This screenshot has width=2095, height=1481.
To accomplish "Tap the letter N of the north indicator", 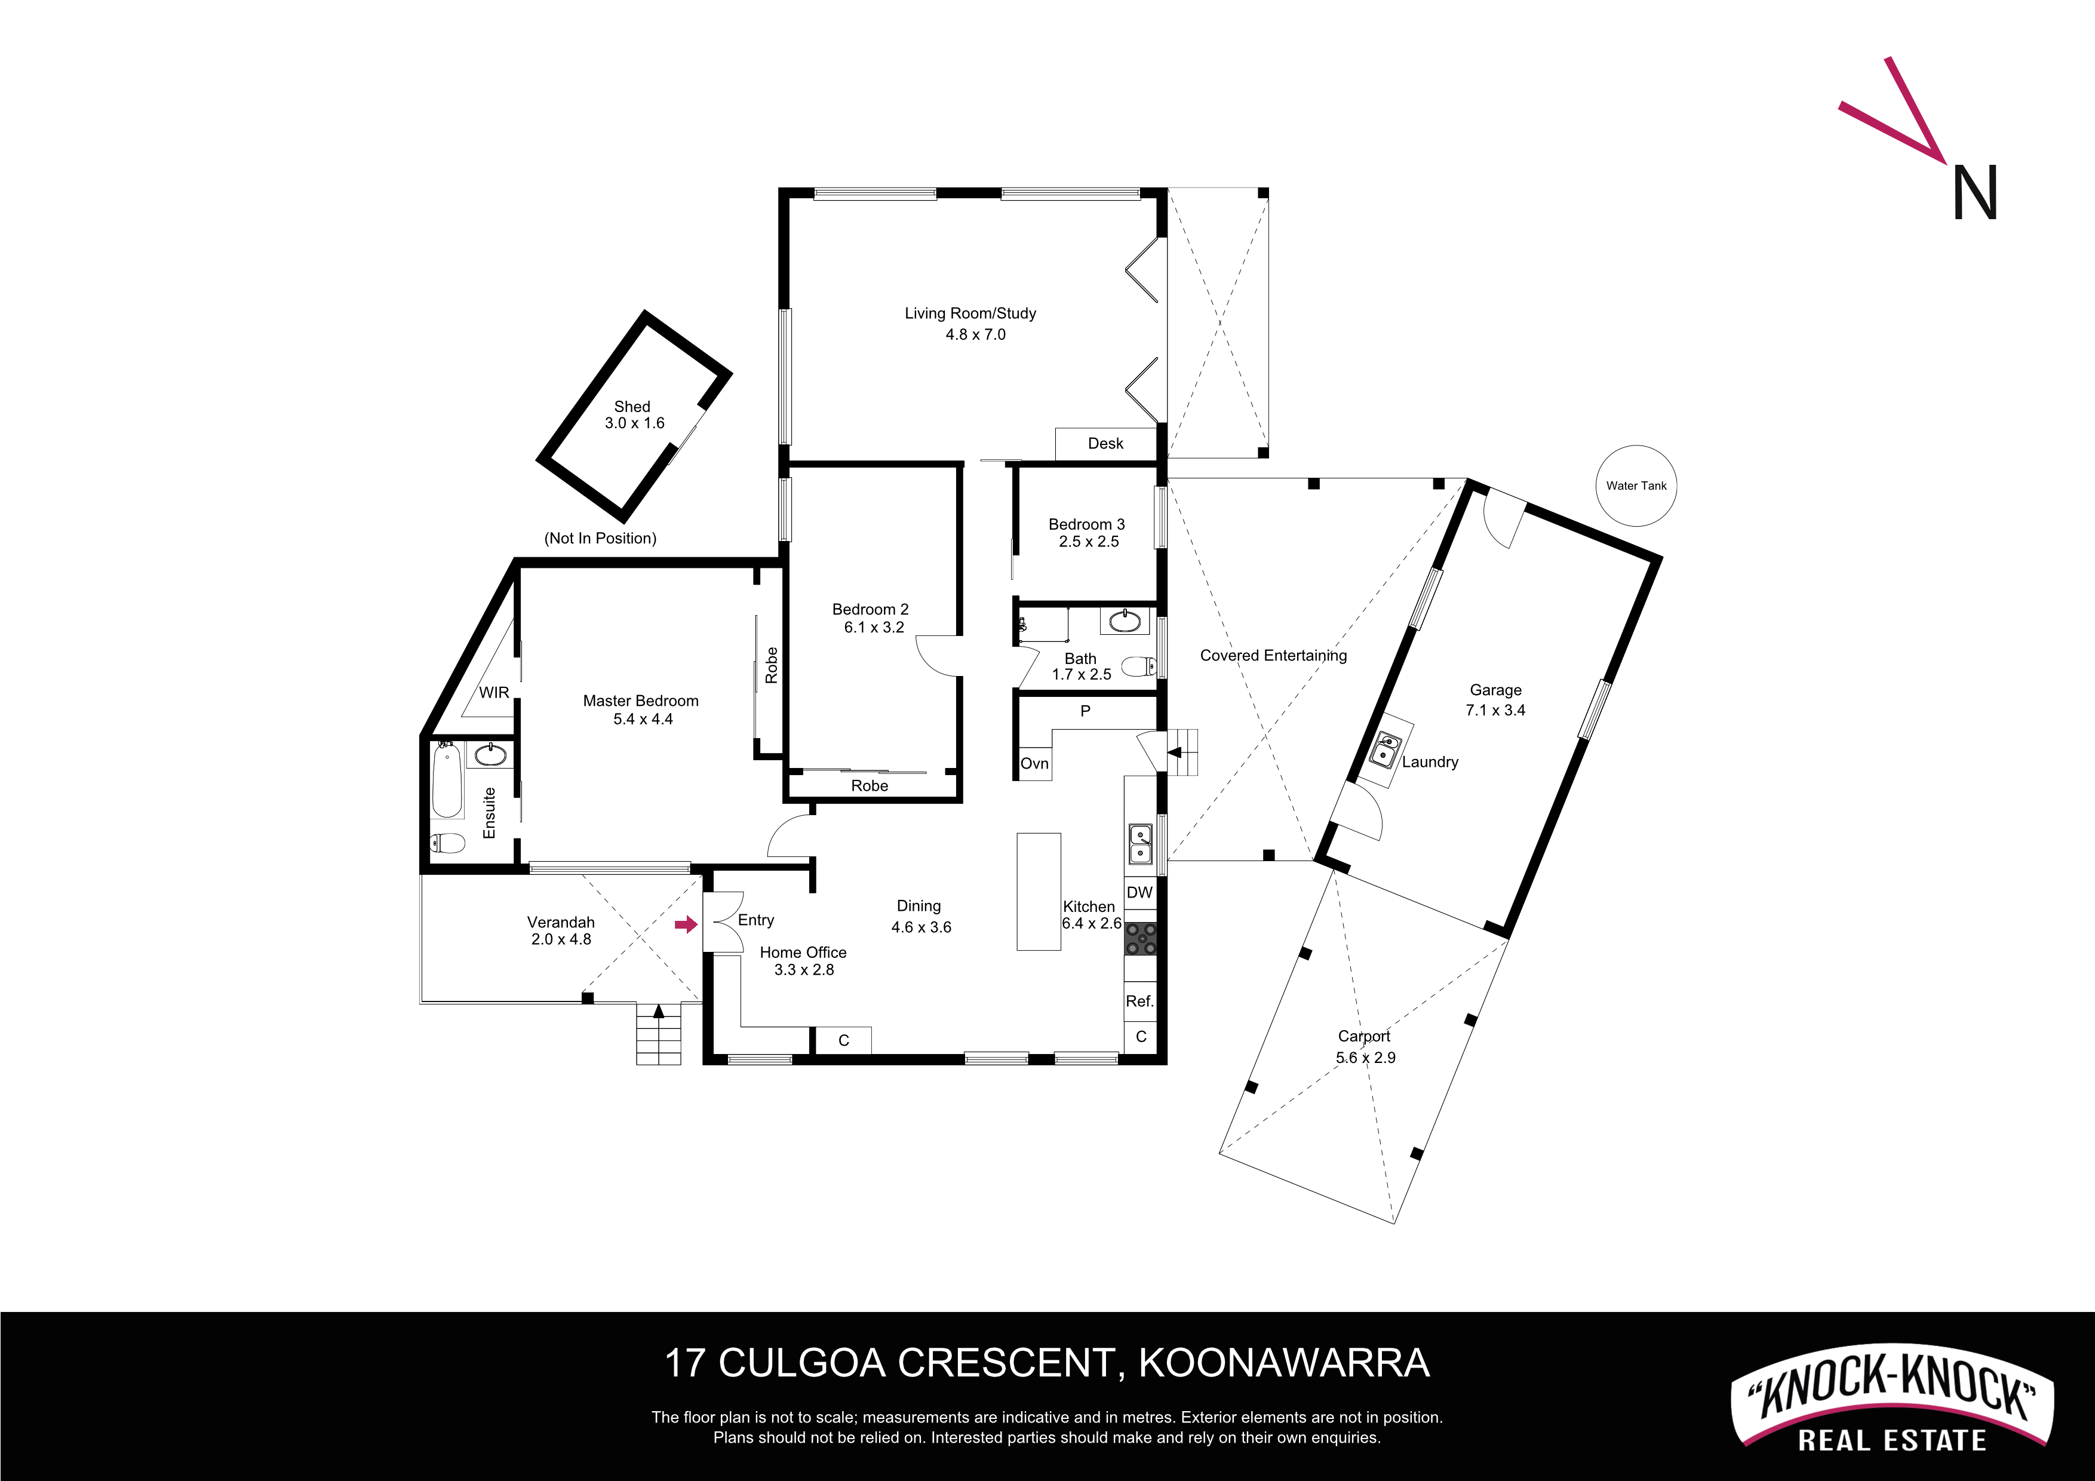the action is [1974, 192].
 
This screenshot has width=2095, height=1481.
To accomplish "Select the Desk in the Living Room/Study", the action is [1106, 444].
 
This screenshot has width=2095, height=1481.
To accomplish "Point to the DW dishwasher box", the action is [1139, 892].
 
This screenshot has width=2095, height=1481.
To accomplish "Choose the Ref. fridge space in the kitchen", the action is [1139, 1001].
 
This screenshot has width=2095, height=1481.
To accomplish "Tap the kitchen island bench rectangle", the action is [1039, 892].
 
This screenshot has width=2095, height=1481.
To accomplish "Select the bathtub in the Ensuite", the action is [447, 780].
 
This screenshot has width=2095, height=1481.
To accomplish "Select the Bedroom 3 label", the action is [1087, 524].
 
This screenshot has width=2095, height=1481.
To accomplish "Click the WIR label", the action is [494, 693].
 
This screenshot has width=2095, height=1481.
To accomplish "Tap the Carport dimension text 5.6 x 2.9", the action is [1366, 1058].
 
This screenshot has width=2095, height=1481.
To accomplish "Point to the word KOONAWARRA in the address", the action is [1284, 1363].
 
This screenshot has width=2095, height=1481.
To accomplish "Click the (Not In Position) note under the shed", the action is [600, 539].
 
